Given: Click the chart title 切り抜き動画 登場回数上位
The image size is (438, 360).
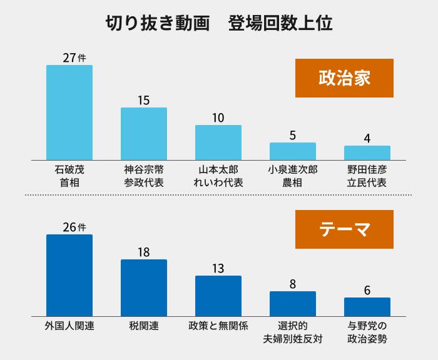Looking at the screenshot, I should [218, 23].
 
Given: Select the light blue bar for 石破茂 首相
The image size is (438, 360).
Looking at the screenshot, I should [69, 112].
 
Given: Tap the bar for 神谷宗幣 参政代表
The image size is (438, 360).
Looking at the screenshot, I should [144, 134].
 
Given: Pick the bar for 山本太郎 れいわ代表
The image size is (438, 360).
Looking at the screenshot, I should [218, 142].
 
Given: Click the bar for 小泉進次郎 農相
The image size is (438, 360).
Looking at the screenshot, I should [293, 151].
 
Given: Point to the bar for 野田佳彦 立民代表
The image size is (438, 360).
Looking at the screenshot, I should [367, 153].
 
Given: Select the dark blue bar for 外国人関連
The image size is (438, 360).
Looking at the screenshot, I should [69, 275].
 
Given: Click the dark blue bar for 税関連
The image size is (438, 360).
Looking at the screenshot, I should [144, 287].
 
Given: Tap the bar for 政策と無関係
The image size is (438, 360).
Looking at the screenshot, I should [218, 296].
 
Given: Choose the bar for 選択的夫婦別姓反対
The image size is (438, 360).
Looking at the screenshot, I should [293, 304].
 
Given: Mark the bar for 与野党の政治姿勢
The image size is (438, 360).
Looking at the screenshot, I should [367, 307].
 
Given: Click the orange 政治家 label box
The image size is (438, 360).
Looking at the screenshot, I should [344, 78].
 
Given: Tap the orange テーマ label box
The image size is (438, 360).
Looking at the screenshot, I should [344, 229].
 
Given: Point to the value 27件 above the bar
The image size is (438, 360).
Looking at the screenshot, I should [73, 57].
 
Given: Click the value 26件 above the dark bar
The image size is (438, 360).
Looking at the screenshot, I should [73, 227].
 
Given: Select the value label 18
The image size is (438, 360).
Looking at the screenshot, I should [144, 252].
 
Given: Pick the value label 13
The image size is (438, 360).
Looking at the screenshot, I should [218, 269].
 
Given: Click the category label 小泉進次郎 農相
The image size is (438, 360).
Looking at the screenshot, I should [293, 176].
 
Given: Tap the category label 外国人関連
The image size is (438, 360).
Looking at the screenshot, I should [69, 326].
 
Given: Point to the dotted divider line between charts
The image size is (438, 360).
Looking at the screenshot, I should [218, 196].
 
